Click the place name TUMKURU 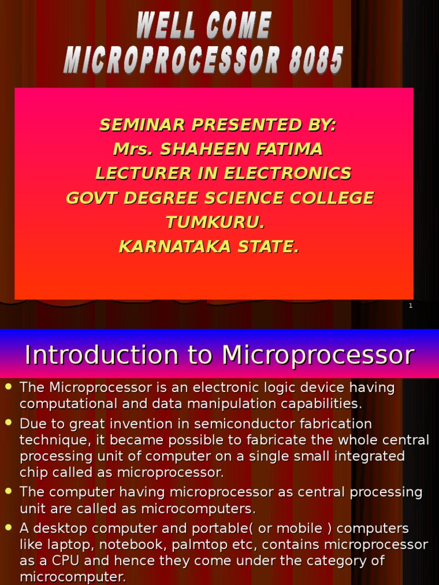[215, 222]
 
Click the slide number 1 [410, 306]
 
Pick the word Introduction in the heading [101, 355]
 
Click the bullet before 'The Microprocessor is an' [9, 387]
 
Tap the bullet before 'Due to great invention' [9, 423]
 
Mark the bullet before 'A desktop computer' [9, 527]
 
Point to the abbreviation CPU [63, 562]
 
